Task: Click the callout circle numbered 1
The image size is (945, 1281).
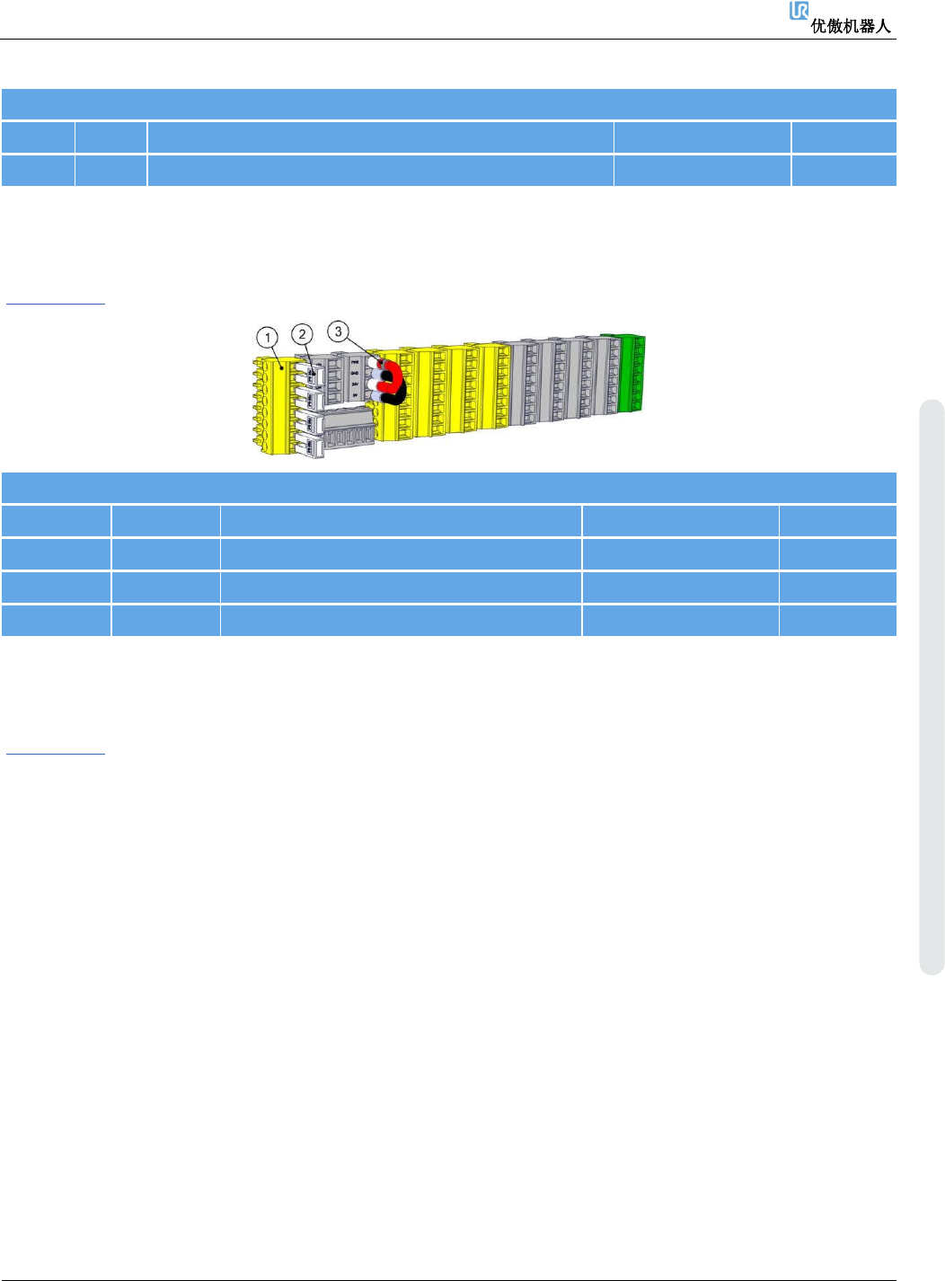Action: tap(267, 338)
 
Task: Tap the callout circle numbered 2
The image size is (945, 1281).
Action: tap(303, 334)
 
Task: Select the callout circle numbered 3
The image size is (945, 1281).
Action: tap(338, 331)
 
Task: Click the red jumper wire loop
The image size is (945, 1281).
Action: tap(393, 377)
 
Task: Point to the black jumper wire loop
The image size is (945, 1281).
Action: tap(396, 393)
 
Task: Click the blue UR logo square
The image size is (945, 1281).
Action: tap(799, 11)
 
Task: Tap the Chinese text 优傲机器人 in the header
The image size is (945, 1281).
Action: tap(851, 26)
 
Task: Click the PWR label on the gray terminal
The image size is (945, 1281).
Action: tap(356, 361)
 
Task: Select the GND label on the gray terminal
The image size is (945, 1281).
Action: tap(356, 373)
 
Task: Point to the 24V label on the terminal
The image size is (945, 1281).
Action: tap(356, 384)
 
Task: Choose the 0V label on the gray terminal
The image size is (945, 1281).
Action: tap(356, 395)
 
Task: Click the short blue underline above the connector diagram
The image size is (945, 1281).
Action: tap(56, 304)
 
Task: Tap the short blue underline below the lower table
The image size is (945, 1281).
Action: tap(56, 753)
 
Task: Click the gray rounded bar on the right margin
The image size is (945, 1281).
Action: tap(932, 687)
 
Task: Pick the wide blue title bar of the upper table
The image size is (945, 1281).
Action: tap(449, 104)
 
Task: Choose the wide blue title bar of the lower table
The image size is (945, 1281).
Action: tap(449, 488)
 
